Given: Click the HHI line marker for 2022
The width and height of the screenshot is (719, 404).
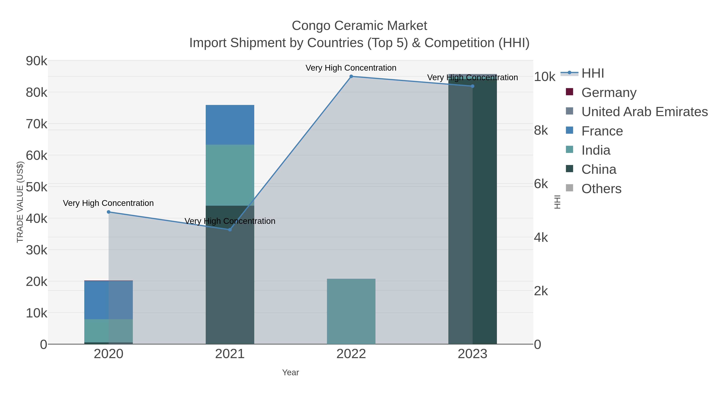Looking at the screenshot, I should point(351,76).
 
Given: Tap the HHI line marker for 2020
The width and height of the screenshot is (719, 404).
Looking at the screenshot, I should point(109,212).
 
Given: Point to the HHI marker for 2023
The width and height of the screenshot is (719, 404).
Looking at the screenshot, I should point(473,86).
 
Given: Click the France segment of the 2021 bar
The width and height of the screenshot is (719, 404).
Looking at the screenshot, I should point(230,125).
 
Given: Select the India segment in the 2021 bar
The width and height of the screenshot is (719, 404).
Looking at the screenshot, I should point(230,175).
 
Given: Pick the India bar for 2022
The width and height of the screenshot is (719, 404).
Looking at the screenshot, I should point(351,311).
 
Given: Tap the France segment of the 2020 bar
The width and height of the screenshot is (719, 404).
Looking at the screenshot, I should point(109,300).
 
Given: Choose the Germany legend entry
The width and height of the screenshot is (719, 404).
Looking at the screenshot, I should point(609,92).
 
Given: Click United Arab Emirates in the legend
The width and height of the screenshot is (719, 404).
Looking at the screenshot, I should point(644,112).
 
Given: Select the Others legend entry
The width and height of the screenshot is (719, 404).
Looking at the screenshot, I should point(601,189).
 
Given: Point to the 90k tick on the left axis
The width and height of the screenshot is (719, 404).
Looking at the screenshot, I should point(37,61).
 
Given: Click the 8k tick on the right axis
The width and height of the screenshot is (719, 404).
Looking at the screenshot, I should point(541,130).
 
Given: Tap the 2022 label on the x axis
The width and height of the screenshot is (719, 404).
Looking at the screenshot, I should point(351,354).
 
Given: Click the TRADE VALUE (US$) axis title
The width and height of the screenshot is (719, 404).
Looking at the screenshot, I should point(20,202).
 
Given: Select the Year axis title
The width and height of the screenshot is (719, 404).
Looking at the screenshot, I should point(290,372).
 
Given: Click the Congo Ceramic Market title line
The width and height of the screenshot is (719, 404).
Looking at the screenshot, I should point(359,26).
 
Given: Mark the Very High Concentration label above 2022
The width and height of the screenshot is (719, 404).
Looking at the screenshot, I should point(351,68).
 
